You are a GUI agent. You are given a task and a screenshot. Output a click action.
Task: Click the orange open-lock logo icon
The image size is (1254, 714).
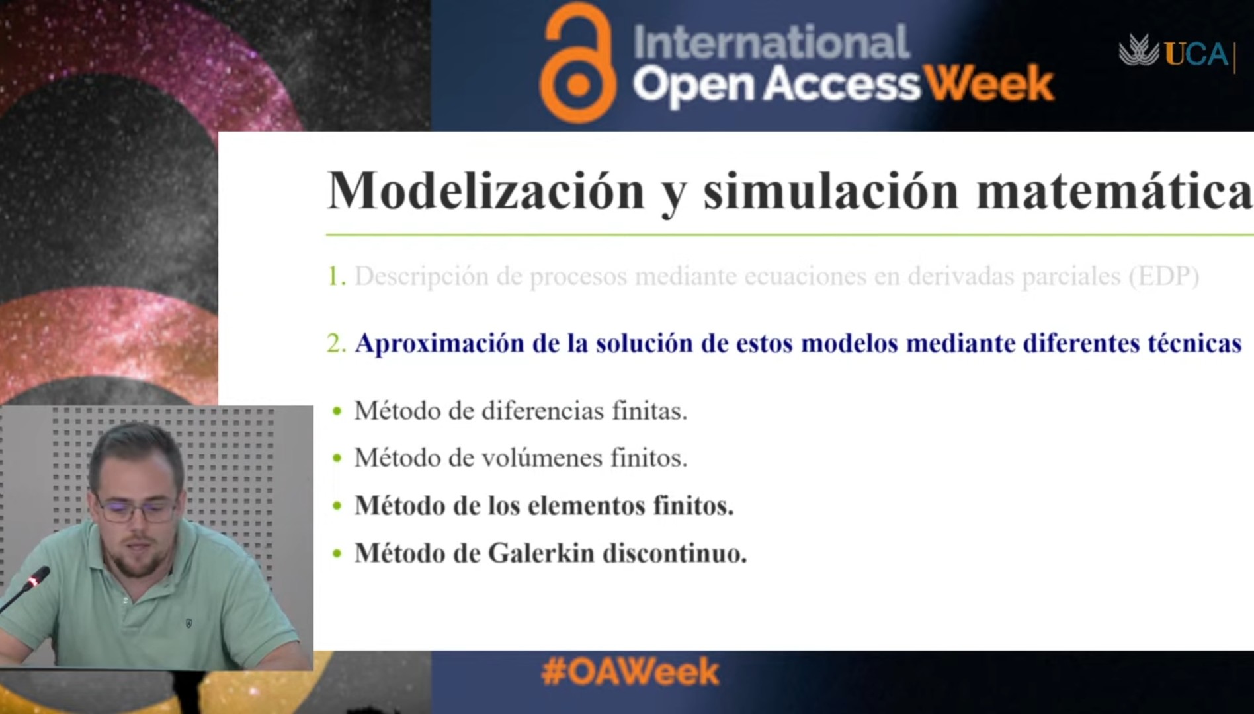(x=577, y=64)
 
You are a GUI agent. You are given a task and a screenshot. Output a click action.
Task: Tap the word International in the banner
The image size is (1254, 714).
(x=771, y=42)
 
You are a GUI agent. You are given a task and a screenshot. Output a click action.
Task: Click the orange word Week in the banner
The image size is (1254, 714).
(x=988, y=84)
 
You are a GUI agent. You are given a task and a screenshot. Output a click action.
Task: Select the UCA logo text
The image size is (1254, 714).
(x=1196, y=54)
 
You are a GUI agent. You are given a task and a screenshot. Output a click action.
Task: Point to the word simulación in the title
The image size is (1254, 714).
(x=831, y=191)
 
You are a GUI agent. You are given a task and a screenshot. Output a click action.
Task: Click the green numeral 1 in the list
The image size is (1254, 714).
(x=337, y=276)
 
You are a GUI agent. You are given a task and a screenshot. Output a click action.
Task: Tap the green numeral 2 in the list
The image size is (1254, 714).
(x=337, y=343)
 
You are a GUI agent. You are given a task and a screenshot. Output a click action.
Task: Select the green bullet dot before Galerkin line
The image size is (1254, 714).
(x=337, y=553)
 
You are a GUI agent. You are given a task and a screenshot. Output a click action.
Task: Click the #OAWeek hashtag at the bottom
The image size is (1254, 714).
(x=630, y=672)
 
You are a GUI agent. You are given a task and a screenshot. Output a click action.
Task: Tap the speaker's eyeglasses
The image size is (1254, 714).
(x=137, y=509)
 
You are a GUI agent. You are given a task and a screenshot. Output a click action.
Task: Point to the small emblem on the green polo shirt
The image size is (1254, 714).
(x=189, y=623)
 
